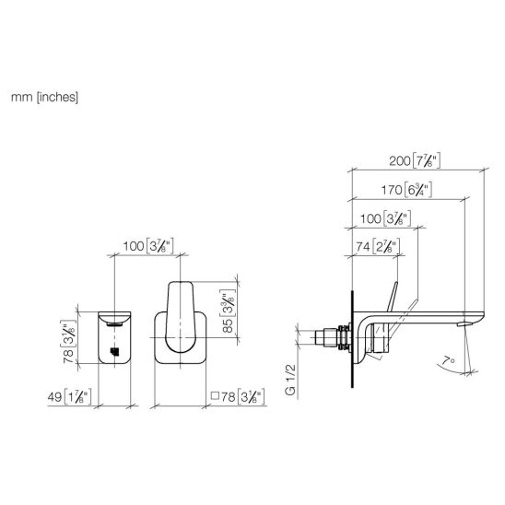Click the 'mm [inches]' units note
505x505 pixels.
click(44, 97)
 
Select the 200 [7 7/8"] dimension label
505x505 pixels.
click(415, 160)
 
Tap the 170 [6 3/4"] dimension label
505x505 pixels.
click(406, 190)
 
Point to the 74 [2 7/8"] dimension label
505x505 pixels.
click(378, 247)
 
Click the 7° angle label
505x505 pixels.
click(448, 360)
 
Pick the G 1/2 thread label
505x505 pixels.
click(290, 380)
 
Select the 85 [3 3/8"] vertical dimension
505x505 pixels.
click(228, 311)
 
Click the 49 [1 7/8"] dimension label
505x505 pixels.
click(69, 396)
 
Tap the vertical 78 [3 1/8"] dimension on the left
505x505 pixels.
click(68, 342)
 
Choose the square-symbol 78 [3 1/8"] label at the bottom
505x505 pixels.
click(238, 396)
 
